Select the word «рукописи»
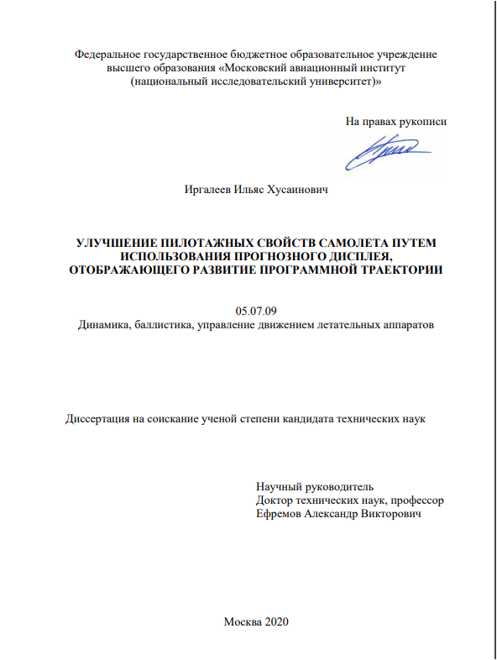[423, 121]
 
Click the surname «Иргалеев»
[209, 191]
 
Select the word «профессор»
[414, 500]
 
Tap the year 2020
[275, 621]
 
